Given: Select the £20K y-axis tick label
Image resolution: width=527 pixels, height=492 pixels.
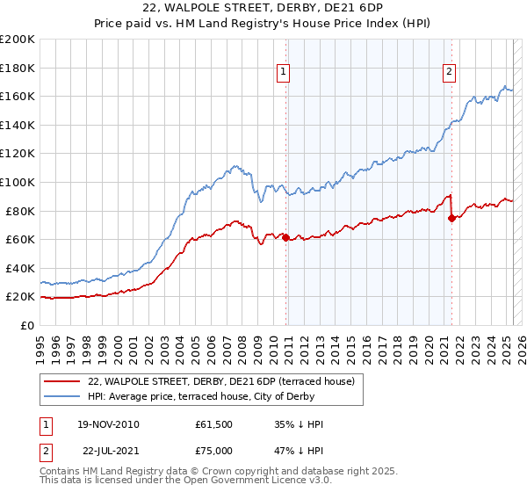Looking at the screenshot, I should pos(20,297).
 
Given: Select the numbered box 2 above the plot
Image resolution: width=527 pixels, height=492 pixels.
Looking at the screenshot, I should pos(449,73).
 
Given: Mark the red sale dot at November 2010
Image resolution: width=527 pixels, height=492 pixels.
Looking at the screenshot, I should pos(286,237).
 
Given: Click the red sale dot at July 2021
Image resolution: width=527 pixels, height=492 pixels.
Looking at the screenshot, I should pos(451,218).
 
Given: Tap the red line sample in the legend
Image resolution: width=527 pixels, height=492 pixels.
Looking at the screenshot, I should pos(61,381).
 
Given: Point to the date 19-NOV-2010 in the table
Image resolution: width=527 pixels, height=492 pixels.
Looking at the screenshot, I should pos(108,424).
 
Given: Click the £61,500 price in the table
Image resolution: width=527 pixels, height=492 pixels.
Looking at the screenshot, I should pos(214,424).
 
